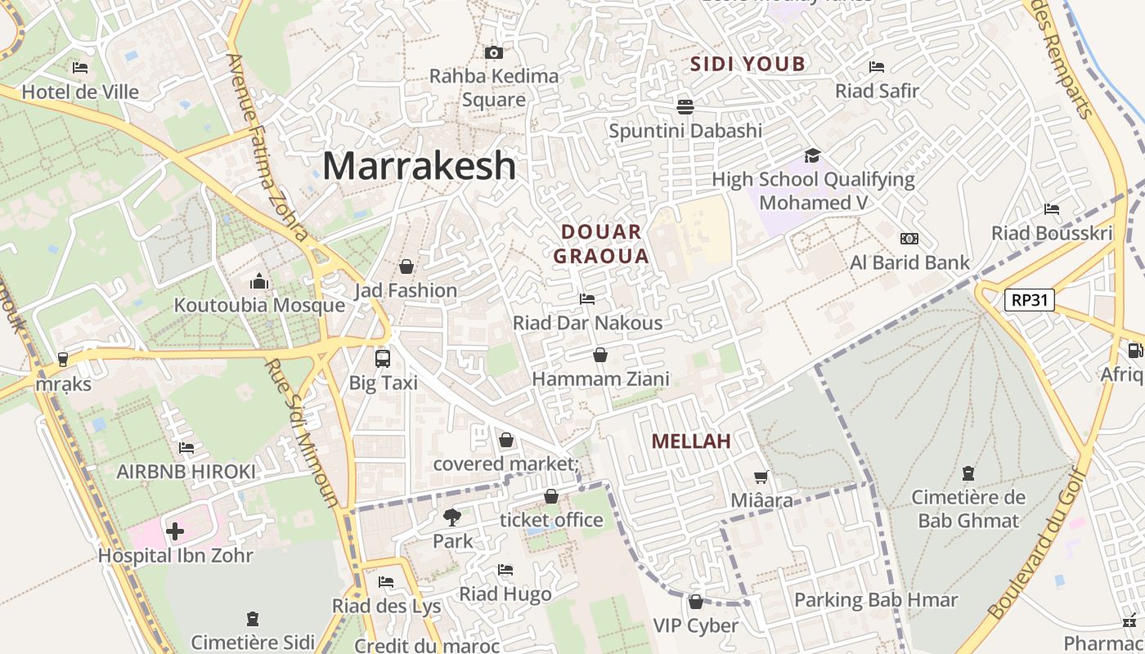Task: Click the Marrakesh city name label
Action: (x=419, y=166)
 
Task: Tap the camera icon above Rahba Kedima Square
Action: (x=493, y=53)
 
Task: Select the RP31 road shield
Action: (x=1029, y=300)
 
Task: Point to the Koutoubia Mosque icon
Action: (x=259, y=282)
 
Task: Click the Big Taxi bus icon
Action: (x=382, y=358)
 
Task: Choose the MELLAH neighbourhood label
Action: (x=690, y=441)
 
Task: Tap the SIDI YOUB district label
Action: (x=748, y=64)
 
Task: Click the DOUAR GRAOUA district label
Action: (x=601, y=244)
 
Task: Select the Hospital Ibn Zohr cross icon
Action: (x=175, y=532)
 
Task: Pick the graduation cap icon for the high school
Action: (x=812, y=155)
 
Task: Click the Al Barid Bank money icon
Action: (x=909, y=239)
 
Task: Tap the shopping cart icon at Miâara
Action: (x=761, y=477)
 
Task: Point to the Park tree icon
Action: (x=451, y=517)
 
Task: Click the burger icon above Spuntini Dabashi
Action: (x=685, y=106)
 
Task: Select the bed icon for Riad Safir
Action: (x=877, y=67)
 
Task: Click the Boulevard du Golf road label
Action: (x=1035, y=544)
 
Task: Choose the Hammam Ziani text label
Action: (x=600, y=379)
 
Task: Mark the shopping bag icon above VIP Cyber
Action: (x=695, y=602)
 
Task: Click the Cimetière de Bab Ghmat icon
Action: (x=968, y=473)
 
